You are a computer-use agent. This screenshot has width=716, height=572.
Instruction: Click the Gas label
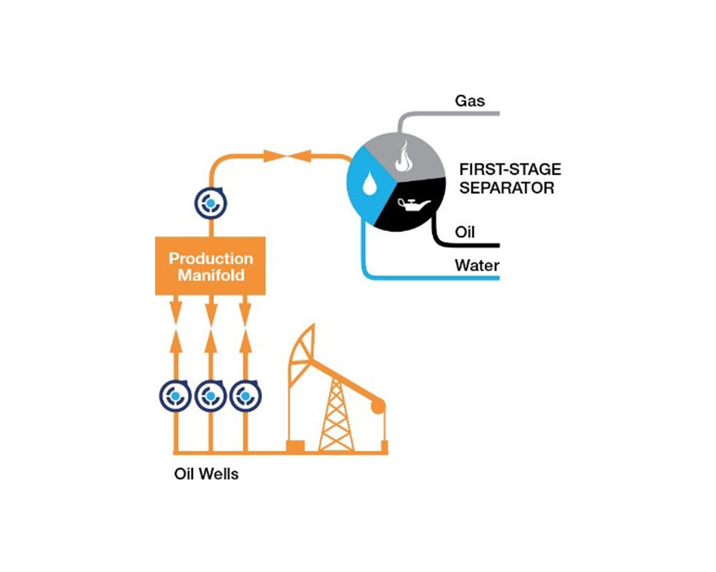(x=470, y=101)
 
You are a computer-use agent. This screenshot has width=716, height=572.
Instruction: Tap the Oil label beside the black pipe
(x=465, y=232)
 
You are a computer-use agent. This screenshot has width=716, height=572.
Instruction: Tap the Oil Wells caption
(x=206, y=474)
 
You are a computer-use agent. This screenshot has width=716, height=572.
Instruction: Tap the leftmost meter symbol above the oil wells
(x=175, y=396)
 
